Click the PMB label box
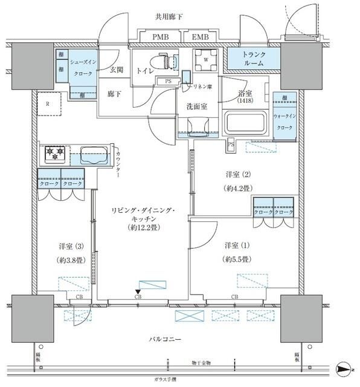click(x=160, y=37)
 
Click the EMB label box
click(x=202, y=37)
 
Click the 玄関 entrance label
click(x=116, y=70)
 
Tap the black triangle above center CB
click(x=138, y=293)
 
